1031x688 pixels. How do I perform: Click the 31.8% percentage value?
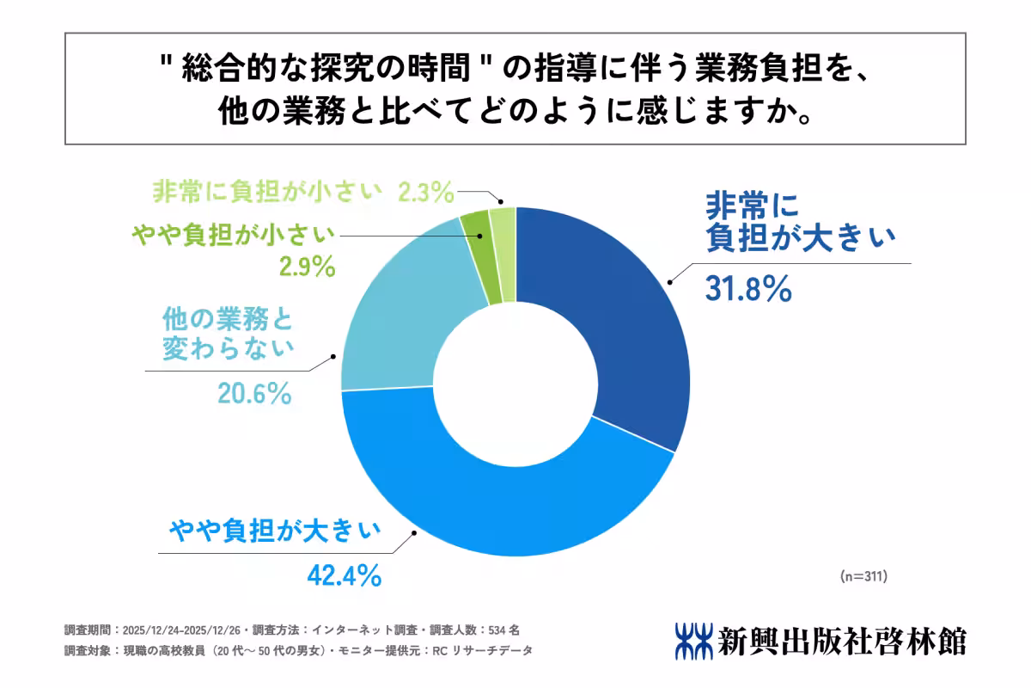pyautogui.click(x=747, y=290)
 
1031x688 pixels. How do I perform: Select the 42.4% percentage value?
pyautogui.click(x=344, y=574)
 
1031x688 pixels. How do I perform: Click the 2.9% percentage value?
pyautogui.click(x=305, y=267)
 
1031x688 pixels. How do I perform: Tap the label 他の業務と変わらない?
pyautogui.click(x=228, y=335)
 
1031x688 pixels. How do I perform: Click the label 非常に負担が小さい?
pyautogui.click(x=266, y=191)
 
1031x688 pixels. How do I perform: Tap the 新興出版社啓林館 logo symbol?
pyautogui.click(x=692, y=641)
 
